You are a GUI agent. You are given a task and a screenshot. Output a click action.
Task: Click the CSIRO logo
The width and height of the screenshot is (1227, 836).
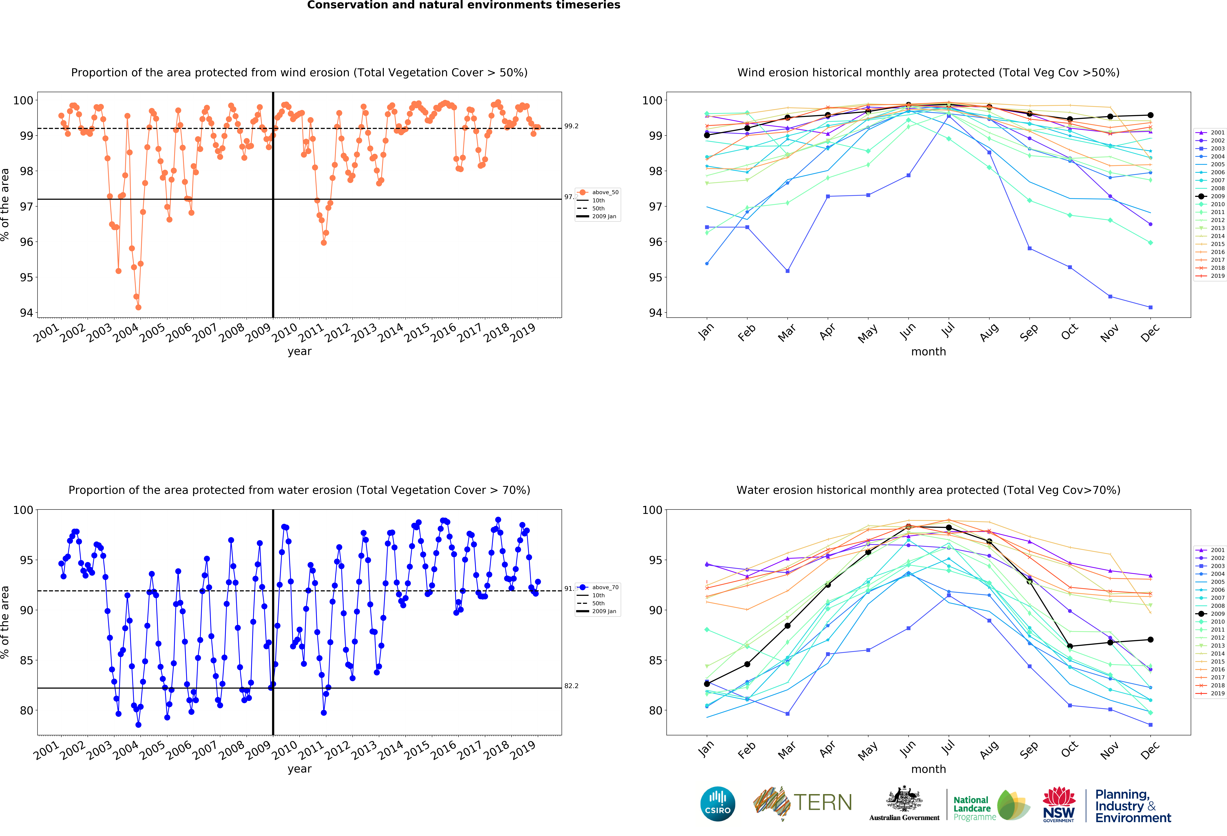718,804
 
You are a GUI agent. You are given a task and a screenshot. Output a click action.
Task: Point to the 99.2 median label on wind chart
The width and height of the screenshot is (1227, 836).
571,126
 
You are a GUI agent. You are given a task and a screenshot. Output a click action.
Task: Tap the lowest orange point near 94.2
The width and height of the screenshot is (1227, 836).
138,307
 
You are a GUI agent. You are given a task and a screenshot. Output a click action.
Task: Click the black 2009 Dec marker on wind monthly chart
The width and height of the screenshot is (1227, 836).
1150,115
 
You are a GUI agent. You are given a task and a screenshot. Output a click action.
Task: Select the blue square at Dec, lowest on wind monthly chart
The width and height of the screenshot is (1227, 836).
1150,307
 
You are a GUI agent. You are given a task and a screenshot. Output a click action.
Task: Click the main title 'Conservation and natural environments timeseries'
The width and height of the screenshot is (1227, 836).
464,5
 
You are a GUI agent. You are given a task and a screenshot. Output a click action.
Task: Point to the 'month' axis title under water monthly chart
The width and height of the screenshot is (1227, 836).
928,769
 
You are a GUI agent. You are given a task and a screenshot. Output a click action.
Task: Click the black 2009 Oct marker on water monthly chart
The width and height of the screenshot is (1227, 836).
1070,646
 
